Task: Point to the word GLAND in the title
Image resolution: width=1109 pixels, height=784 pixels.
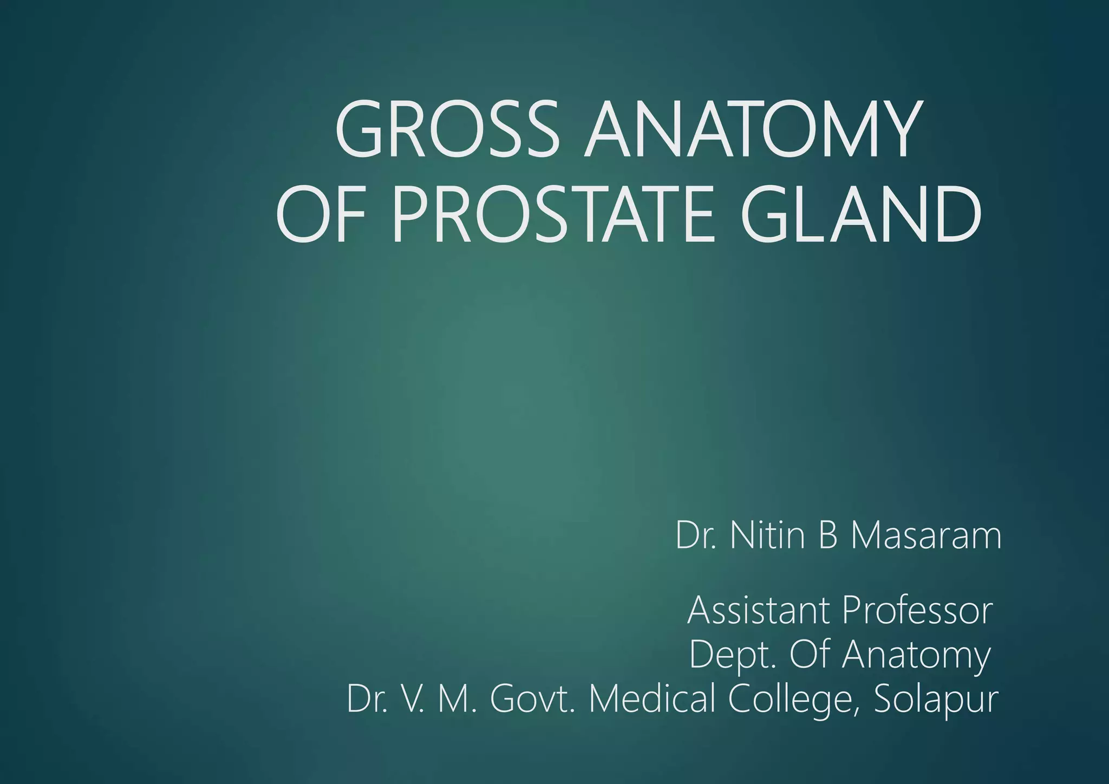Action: click(860, 213)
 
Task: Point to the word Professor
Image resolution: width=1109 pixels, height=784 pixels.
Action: click(917, 610)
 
